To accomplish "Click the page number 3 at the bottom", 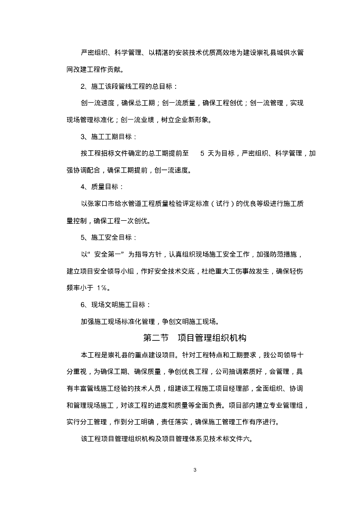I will click(x=195, y=470).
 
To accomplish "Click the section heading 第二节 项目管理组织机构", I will click(x=194, y=338).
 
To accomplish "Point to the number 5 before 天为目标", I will click(x=202, y=153).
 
